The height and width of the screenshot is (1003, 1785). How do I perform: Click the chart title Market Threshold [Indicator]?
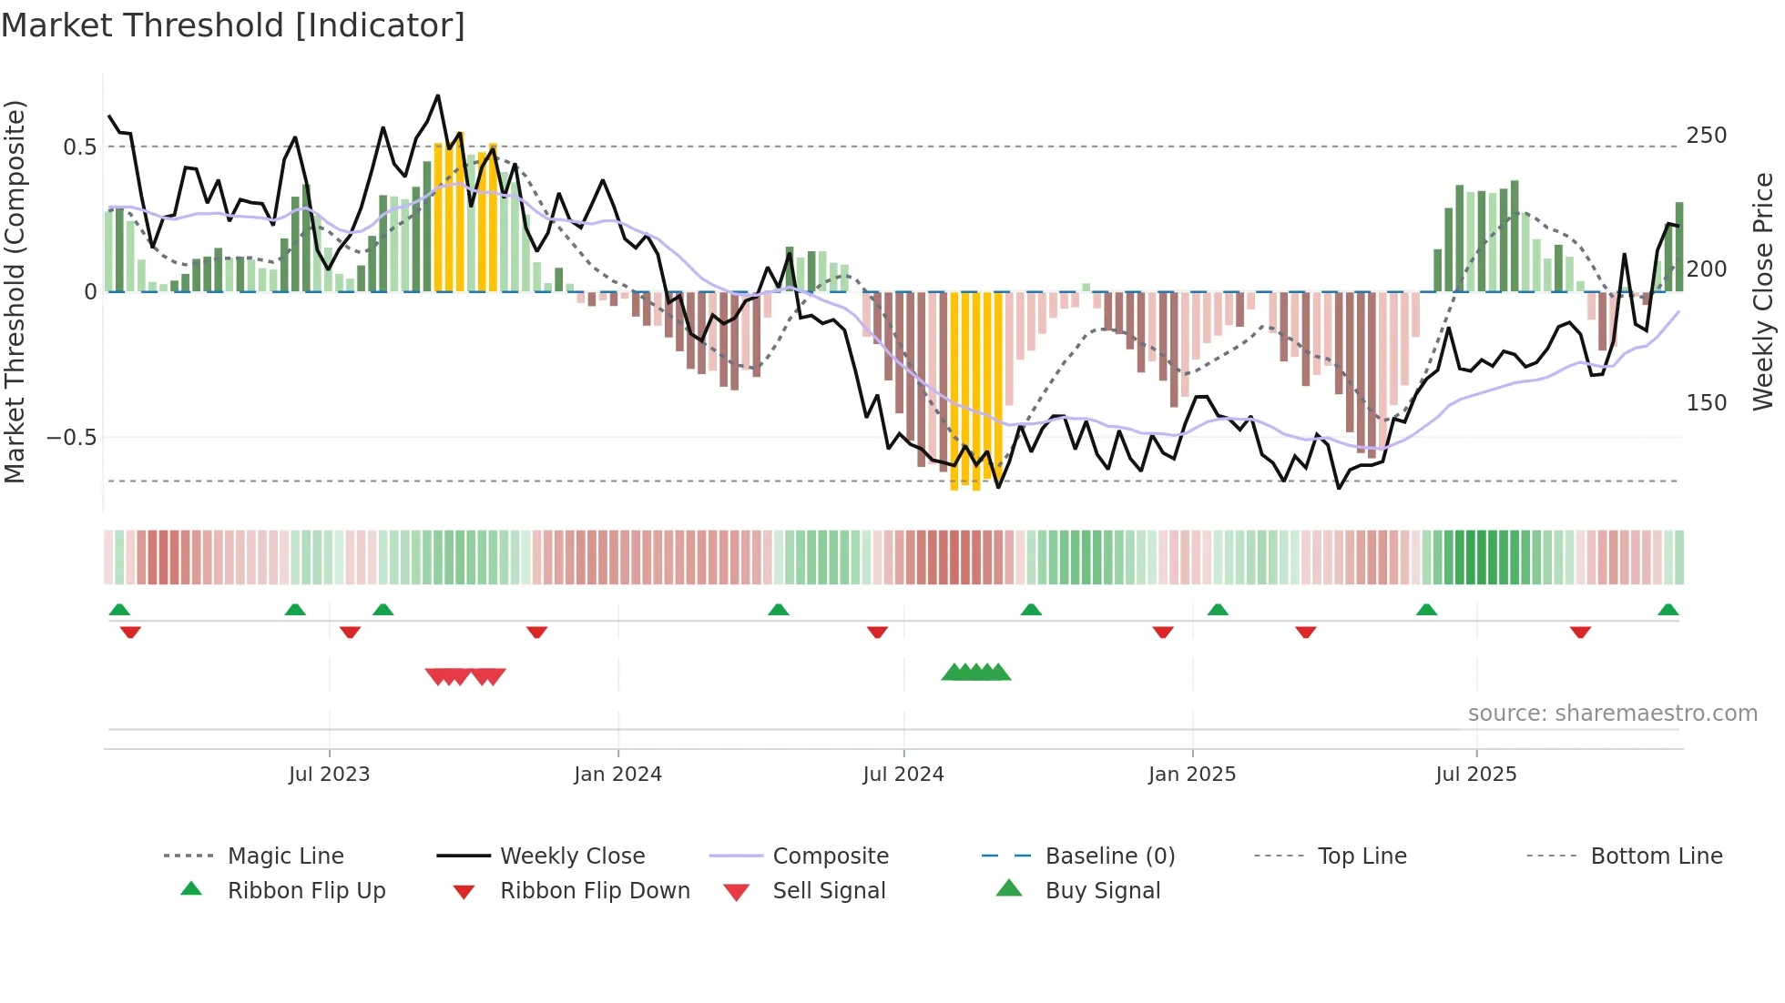233,25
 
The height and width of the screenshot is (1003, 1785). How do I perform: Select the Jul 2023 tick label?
329,775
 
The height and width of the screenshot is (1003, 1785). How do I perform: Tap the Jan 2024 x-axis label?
617,775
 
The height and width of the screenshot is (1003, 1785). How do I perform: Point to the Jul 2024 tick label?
903,775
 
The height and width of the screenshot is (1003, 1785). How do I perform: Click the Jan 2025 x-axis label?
1191,775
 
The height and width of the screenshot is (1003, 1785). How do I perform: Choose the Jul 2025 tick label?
1475,775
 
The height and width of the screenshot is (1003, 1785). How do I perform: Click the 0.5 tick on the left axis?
79,147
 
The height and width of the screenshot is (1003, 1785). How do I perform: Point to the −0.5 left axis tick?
71,438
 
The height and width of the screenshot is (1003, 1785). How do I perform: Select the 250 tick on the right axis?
1706,136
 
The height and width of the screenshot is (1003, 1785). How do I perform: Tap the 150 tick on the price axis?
1706,403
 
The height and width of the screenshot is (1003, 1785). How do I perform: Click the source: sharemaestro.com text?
1612,714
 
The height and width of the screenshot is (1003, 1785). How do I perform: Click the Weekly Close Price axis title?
1763,291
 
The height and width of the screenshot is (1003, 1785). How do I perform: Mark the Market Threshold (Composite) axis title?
15,291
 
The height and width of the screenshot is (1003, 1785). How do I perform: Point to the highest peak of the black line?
438,96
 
